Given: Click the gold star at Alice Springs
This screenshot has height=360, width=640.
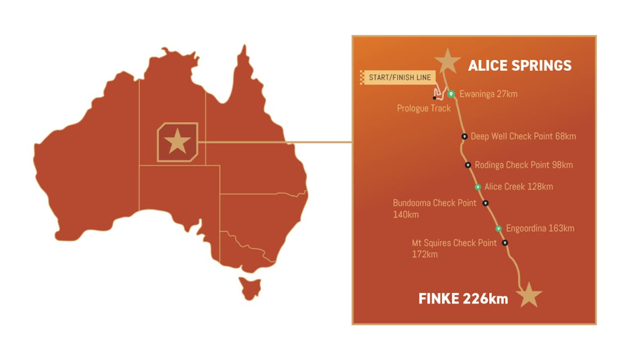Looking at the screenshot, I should click(447, 61).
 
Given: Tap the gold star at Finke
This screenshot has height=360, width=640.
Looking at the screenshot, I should click(529, 294).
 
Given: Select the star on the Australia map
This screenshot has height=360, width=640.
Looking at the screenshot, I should click(177, 142).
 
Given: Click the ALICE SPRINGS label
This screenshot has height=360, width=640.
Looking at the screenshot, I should click(519, 66).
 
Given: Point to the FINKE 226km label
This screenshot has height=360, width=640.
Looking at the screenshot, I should click(463, 298).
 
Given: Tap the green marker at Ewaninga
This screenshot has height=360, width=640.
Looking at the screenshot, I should click(451, 94).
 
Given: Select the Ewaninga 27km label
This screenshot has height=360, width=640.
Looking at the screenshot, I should click(488, 94).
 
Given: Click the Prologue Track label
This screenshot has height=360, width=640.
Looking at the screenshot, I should click(423, 108).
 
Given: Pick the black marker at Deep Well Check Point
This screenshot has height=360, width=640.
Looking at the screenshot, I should click(465, 137).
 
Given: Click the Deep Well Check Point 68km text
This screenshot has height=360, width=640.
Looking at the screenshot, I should click(523, 137).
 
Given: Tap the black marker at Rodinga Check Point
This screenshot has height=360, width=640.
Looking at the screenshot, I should click(468, 165).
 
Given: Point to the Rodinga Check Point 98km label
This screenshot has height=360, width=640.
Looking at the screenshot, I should click(524, 165).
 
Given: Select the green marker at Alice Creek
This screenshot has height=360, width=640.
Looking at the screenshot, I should click(478, 187).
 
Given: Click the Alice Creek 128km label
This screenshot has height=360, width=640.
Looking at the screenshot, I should click(518, 187).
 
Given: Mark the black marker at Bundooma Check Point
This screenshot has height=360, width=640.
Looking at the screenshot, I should click(485, 203).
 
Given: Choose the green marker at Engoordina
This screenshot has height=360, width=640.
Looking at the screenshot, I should click(499, 228).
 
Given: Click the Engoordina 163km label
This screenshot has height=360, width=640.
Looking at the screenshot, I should click(540, 228).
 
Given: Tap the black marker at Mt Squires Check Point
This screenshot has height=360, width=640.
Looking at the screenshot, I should click(505, 243).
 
